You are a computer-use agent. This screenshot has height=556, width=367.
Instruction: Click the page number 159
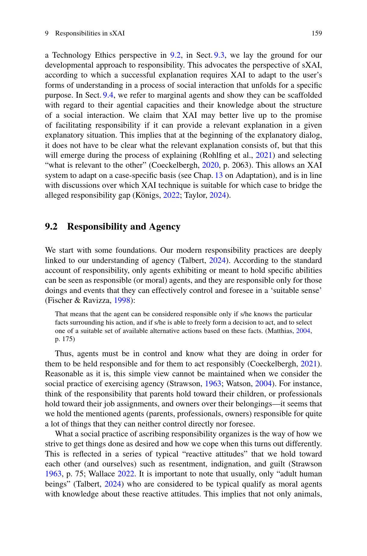[316, 33]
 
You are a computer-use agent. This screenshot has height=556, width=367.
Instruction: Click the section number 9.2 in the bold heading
[51, 227]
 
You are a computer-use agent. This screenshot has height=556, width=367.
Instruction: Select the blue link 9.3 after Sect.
[219, 55]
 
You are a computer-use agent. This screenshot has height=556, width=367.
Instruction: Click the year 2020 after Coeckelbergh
[210, 165]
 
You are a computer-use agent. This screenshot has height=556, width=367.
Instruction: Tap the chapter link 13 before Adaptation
[219, 176]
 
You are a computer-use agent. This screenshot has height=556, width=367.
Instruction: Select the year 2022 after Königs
[171, 195]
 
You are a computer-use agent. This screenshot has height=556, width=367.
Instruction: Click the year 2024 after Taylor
[217, 195]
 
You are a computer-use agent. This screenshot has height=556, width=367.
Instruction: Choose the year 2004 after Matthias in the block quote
[303, 331]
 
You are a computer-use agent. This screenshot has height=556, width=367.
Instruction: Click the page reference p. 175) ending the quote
[65, 339]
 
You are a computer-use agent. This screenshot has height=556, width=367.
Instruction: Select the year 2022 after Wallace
[126, 474]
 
